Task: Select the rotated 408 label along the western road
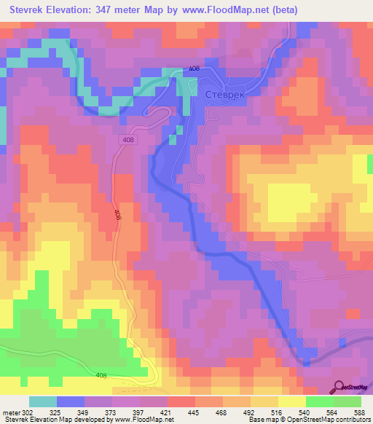pos(117,215)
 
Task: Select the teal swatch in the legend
pos(43,401)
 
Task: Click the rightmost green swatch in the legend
pos(348,401)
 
